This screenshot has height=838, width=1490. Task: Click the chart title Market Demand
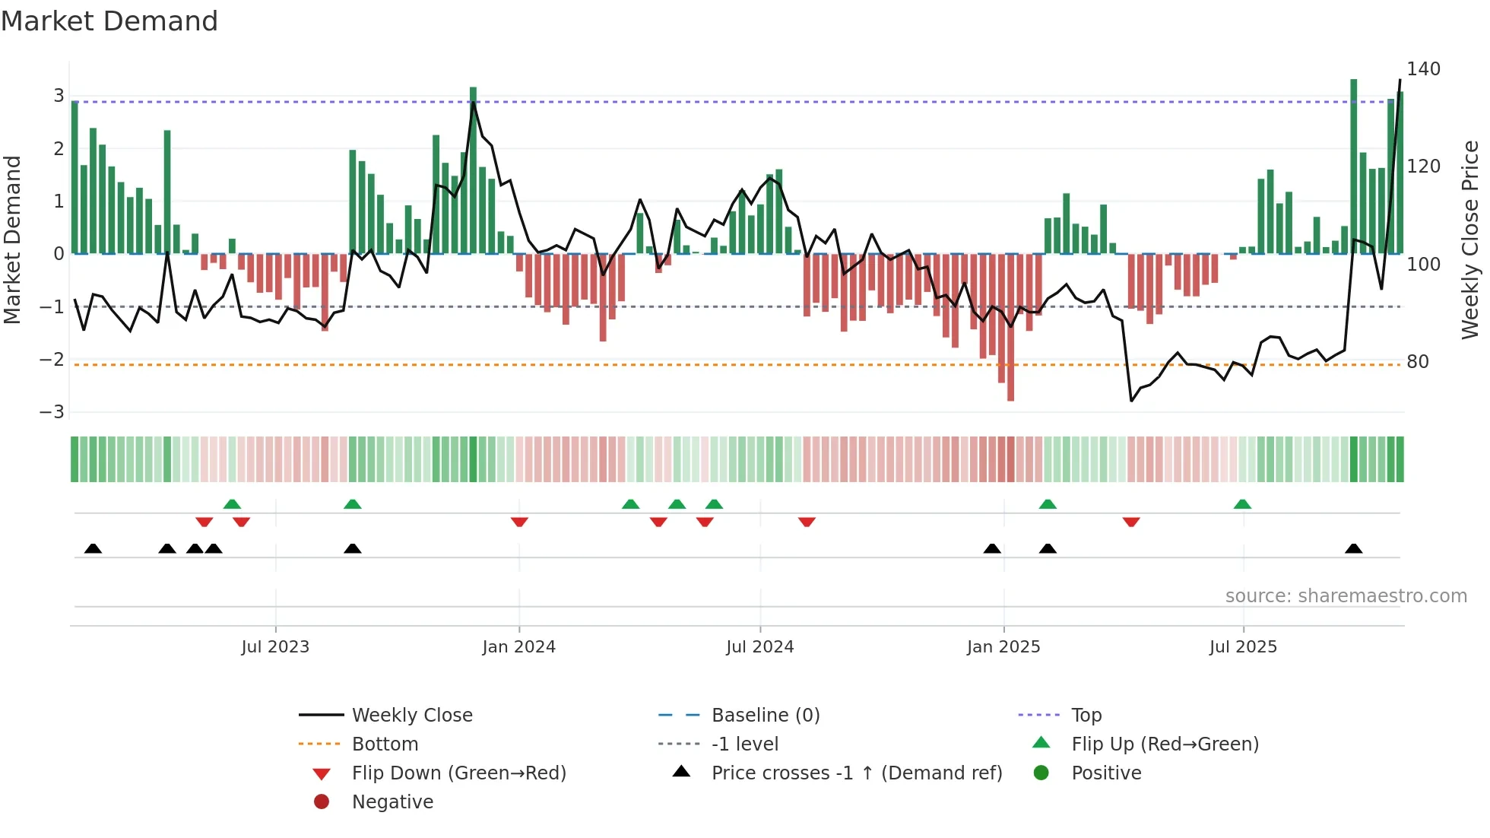109,21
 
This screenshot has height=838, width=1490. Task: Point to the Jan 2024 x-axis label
519,647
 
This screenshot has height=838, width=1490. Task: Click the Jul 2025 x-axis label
1243,647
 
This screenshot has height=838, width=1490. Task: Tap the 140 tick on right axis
1423,69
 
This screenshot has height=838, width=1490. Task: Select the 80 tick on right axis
1418,362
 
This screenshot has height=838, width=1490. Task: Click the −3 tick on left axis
52,412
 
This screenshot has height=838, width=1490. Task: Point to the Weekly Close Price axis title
1470,240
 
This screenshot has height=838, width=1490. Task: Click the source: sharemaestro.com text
1346,596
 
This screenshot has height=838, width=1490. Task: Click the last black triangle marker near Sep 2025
1353,549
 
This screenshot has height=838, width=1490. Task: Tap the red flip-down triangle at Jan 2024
519,522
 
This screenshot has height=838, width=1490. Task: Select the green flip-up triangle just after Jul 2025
1242,504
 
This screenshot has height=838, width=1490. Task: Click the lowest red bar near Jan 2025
1010,327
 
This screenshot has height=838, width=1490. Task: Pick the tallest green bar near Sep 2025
1353,167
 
